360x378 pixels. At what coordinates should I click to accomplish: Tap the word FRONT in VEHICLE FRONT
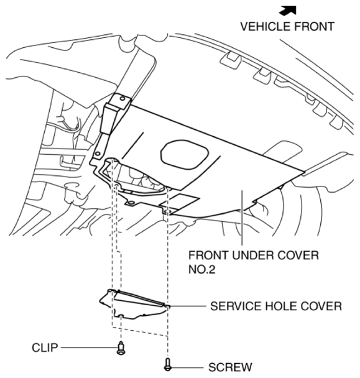[314, 27]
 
